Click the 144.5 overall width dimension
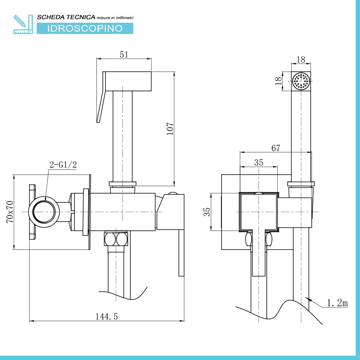click(x=107, y=316)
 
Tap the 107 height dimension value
click(x=170, y=129)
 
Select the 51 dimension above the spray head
click(x=124, y=54)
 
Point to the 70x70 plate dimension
click(x=10, y=212)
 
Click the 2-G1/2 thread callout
click(x=63, y=165)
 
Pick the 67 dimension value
click(x=276, y=148)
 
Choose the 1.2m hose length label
click(x=337, y=303)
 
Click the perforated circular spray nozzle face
click(x=301, y=81)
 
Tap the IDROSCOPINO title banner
click(x=85, y=28)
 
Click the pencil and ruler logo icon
click(x=23, y=24)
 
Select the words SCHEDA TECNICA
click(x=66, y=17)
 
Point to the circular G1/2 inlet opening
click(x=44, y=212)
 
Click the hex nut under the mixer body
click(x=116, y=239)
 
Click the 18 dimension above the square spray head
click(x=301, y=60)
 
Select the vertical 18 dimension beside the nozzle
click(x=278, y=81)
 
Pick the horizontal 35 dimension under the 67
click(x=259, y=163)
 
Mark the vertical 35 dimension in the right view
click(x=207, y=212)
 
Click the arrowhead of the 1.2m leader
click(x=308, y=299)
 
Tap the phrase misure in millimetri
click(x=115, y=18)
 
